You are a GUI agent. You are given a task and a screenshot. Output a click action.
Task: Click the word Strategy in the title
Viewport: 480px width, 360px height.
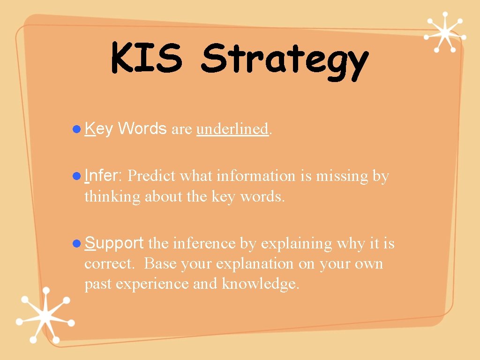point(285,61)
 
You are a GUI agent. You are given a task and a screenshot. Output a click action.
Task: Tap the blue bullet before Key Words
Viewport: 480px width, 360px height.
point(78,129)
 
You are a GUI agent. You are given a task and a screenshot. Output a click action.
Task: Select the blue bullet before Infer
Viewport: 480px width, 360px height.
point(78,176)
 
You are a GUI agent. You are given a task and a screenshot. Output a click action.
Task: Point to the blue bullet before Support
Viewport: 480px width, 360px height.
point(78,243)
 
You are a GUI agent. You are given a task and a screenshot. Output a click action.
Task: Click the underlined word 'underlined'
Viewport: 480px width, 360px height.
point(232,129)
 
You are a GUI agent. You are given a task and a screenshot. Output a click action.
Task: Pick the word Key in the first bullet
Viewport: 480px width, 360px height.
point(98,129)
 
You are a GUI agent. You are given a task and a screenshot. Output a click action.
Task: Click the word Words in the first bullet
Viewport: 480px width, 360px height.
point(142,128)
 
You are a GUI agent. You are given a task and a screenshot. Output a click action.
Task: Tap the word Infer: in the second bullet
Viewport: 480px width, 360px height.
point(104,176)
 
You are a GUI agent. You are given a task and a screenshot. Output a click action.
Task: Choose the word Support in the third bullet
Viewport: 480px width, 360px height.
point(114,244)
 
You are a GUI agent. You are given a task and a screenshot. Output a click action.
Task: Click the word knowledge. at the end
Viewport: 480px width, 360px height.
point(260,284)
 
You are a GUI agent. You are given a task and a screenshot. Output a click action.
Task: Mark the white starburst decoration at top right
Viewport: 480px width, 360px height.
point(445,32)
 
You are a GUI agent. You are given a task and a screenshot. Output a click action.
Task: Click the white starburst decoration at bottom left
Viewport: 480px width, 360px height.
point(45,315)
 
